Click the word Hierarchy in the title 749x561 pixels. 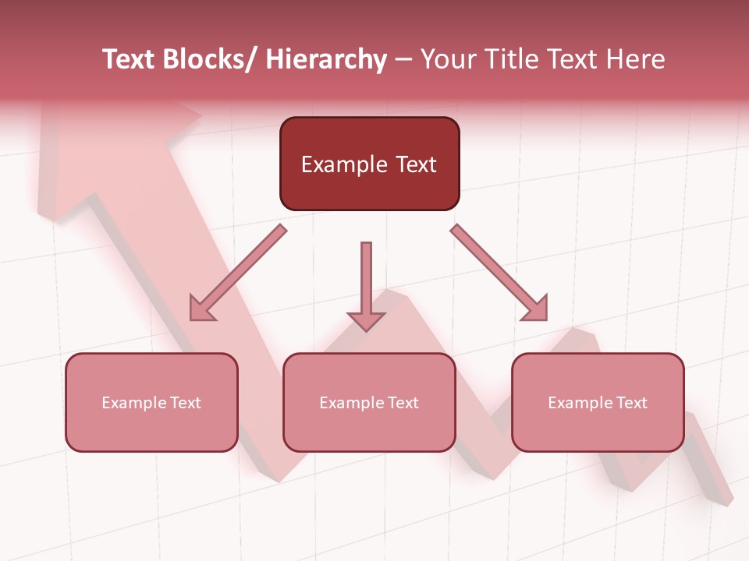[x=326, y=59]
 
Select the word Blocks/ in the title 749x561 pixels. [x=210, y=59]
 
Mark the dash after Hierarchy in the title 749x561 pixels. [x=403, y=61]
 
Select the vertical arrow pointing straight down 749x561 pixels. [x=366, y=287]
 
